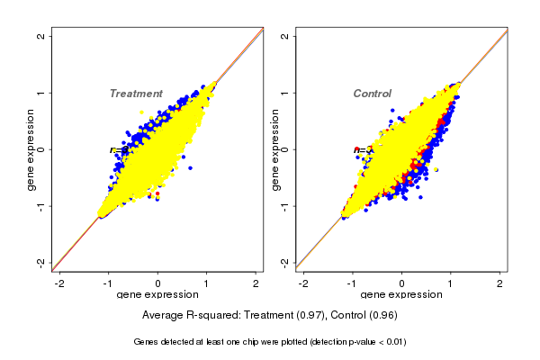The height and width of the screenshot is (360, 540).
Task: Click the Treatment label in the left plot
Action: tap(136, 94)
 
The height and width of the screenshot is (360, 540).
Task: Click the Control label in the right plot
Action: tap(372, 94)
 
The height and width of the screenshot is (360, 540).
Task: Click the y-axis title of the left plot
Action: tap(31, 149)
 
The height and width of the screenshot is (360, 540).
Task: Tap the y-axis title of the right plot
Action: tap(275, 149)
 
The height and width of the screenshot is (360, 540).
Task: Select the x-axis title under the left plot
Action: tap(157, 295)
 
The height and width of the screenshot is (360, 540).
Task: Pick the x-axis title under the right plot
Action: tap(402, 295)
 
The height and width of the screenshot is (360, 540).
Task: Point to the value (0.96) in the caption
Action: tap(381, 316)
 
